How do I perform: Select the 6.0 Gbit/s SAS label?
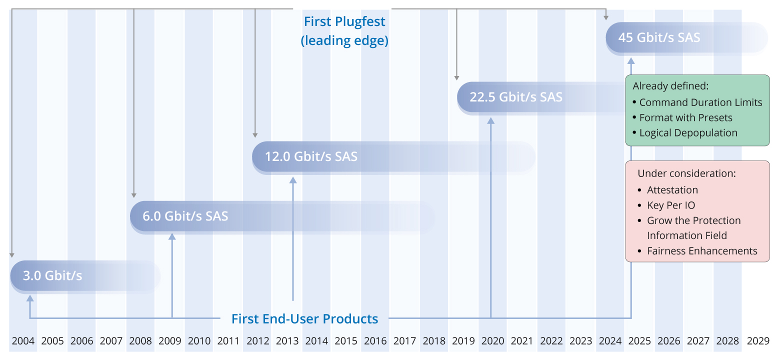coord(185,216)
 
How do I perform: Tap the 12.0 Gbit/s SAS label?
coord(311,156)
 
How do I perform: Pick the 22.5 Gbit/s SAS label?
coord(516,97)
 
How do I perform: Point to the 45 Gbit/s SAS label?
coord(659,37)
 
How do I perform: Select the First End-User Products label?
coord(304,318)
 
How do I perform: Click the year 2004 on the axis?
coord(23,341)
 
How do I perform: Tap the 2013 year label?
coord(287,341)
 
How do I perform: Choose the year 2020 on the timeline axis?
coord(492,341)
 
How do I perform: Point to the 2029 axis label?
coord(757,341)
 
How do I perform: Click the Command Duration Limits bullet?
coord(700,102)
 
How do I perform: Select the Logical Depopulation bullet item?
coord(688,133)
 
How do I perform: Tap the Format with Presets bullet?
coord(685,118)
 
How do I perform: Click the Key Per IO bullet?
coord(671,205)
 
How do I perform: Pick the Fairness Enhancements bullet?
coord(702,251)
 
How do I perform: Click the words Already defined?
coord(670,86)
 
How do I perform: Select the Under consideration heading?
coord(686,174)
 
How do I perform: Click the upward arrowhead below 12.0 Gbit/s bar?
coord(293,178)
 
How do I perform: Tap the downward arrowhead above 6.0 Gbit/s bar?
coord(133,195)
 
